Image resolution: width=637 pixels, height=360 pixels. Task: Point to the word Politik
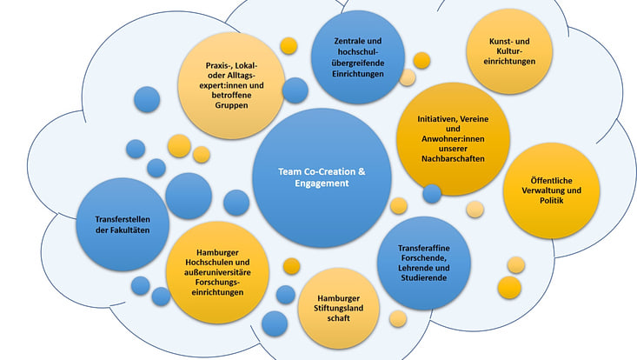tap(551, 202)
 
